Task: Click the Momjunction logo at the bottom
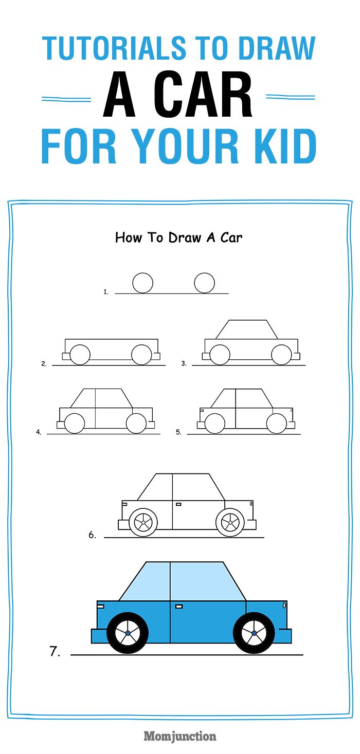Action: coord(180,736)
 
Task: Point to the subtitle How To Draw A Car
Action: coord(178,237)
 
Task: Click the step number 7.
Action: coord(55,652)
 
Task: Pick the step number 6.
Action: coord(92,535)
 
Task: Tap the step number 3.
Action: coord(184,363)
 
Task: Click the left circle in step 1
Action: coord(142,283)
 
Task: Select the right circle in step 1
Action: coord(204,283)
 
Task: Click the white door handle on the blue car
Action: coord(179,606)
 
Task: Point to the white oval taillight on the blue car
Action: coord(284,605)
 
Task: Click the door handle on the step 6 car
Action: coord(178,504)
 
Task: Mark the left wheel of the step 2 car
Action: coord(80,355)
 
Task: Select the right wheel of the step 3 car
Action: coord(281,355)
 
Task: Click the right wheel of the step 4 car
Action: coord(136,423)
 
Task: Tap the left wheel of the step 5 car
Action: coord(214,423)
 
